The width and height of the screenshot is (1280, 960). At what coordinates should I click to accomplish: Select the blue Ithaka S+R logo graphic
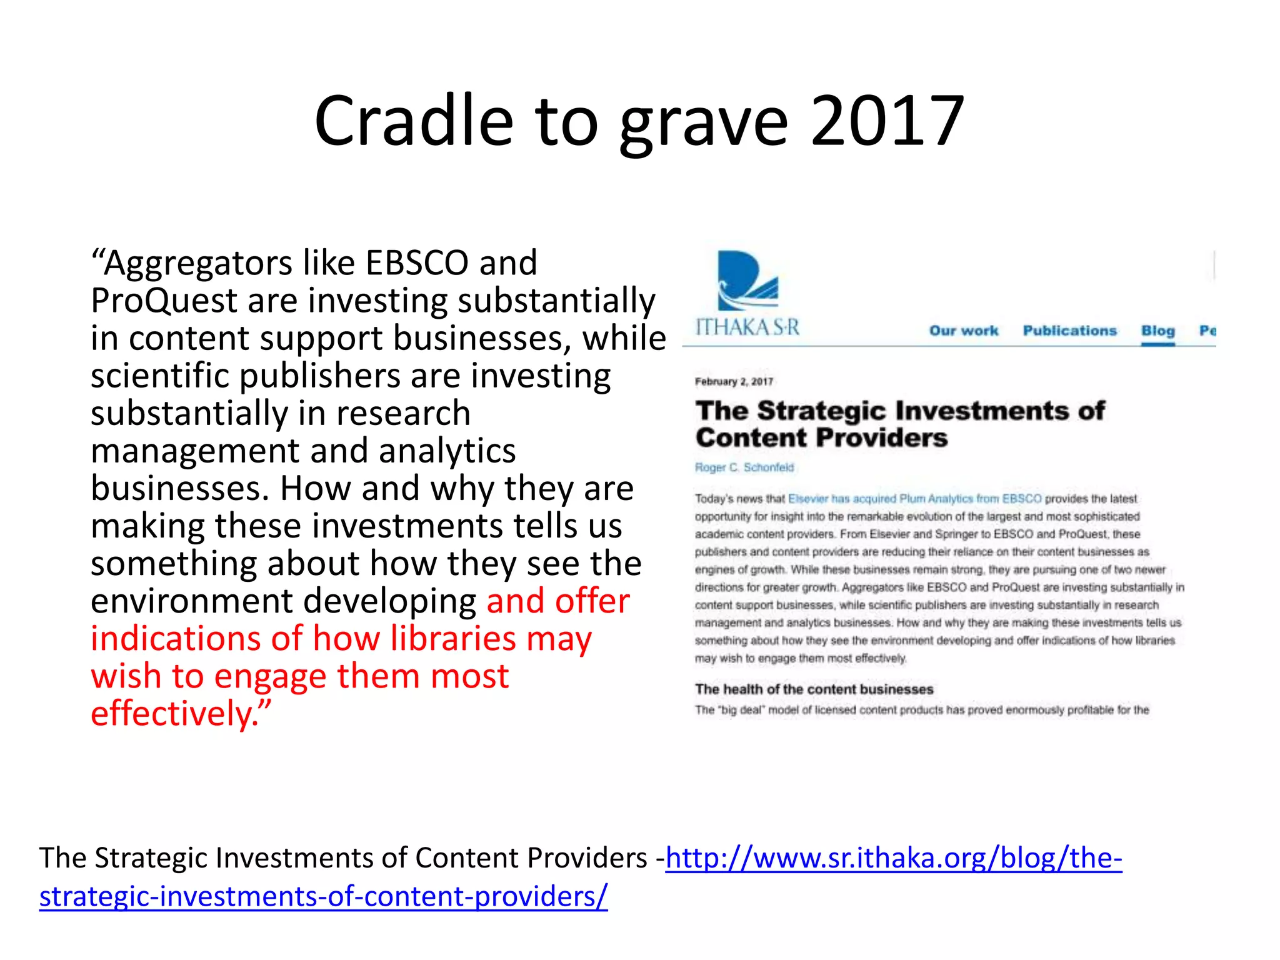pyautogui.click(x=747, y=281)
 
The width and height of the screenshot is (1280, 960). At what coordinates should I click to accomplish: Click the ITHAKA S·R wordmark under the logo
pyautogui.click(x=747, y=327)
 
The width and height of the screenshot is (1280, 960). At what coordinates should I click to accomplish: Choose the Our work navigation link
pyautogui.click(x=963, y=331)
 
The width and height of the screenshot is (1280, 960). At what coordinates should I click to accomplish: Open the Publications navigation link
pyautogui.click(x=1069, y=331)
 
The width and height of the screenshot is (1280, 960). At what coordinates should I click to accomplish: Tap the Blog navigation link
pyautogui.click(x=1157, y=331)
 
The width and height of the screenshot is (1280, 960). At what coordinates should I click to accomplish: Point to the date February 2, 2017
pyautogui.click(x=734, y=381)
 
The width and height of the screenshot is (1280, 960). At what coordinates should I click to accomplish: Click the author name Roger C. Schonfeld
pyautogui.click(x=744, y=467)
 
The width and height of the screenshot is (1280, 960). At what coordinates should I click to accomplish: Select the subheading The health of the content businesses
pyautogui.click(x=814, y=689)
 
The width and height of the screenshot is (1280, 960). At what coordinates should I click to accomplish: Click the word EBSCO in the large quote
pyautogui.click(x=417, y=263)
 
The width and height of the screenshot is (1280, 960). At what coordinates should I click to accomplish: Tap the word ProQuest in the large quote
pyautogui.click(x=164, y=301)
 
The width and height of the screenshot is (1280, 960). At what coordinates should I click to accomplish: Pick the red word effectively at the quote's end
pyautogui.click(x=171, y=714)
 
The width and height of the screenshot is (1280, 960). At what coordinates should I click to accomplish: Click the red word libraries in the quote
pyautogui.click(x=453, y=639)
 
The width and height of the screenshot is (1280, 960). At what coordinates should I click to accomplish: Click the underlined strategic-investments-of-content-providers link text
pyautogui.click(x=323, y=896)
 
